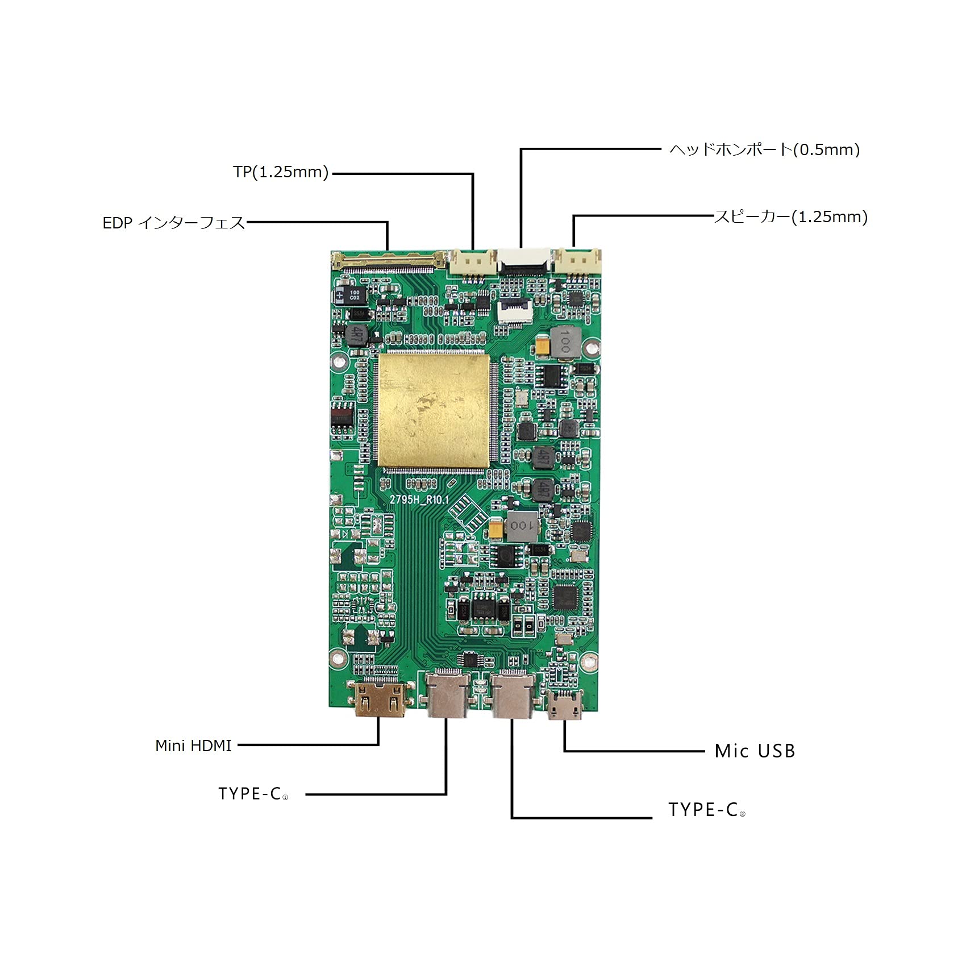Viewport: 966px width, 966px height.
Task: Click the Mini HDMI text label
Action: coord(193,746)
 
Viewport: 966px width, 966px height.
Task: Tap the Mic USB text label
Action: coord(755,751)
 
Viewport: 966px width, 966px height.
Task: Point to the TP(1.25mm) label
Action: coord(281,172)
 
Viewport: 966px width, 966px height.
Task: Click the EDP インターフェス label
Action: coord(173,223)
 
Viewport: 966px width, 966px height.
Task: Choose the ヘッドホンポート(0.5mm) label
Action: coord(764,149)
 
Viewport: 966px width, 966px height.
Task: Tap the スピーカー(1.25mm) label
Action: coord(790,216)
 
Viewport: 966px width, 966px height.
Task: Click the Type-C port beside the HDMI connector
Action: coord(447,694)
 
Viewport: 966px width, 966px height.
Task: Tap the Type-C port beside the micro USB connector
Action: coord(513,694)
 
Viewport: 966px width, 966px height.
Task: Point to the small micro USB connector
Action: coord(564,705)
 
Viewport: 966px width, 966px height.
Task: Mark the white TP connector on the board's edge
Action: coord(472,263)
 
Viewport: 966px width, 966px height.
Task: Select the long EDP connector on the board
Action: coord(389,261)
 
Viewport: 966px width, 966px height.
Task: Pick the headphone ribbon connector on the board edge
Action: coord(524,261)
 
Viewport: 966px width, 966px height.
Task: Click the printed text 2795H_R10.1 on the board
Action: coord(419,499)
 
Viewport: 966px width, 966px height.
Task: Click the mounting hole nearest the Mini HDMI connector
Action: coord(339,658)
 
